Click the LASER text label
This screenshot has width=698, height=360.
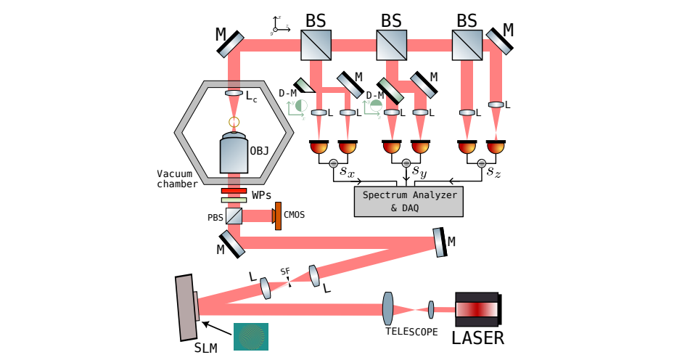point(477,337)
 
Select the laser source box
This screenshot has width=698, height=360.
point(477,309)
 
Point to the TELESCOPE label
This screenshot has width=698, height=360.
point(411,332)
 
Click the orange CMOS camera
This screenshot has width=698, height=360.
point(277,216)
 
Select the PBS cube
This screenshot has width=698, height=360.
point(234,216)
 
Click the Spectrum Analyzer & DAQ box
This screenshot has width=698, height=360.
point(408,201)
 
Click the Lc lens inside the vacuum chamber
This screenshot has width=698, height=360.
point(234,94)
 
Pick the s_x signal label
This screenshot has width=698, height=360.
point(347,172)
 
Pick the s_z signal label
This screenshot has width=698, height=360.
point(493,172)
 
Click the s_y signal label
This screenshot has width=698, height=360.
point(419,172)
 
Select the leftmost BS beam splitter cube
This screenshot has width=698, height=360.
point(316,45)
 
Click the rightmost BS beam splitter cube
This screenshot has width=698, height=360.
point(467,45)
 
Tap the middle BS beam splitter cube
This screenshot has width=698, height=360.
point(391,45)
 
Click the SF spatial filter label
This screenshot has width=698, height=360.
point(285,271)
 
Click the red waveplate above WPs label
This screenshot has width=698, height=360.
point(234,191)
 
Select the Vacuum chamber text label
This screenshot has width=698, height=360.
point(177,179)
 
